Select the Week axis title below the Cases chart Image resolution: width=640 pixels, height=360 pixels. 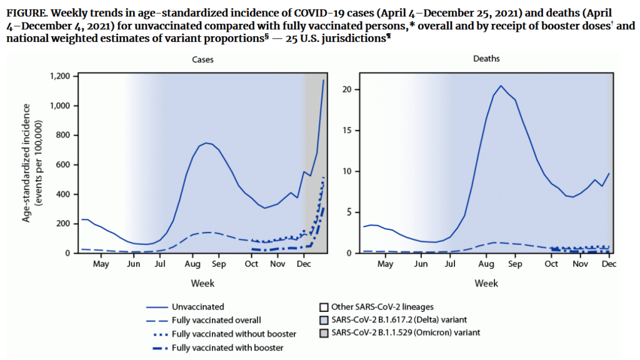202,283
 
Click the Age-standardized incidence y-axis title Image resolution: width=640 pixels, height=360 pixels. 32,165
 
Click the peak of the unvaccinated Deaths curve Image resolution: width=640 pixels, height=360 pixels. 501,86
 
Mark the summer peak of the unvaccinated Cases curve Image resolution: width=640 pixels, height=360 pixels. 207,142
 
